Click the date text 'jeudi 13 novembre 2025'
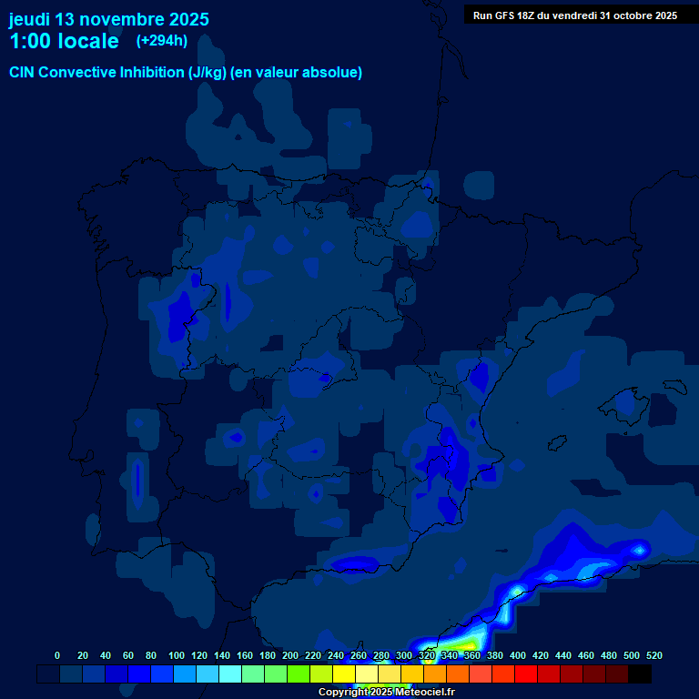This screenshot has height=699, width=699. point(109,19)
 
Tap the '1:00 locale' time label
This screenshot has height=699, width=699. point(64,41)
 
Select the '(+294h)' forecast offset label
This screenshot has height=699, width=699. point(161,40)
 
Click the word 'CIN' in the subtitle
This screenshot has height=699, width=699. point(22,73)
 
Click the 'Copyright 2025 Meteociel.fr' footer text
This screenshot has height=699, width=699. point(386,692)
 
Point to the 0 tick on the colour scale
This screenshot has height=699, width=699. point(57,655)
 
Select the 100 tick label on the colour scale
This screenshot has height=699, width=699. point(177,655)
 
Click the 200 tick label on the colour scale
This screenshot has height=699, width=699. point(290,655)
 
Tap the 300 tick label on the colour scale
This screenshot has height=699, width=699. point(404,655)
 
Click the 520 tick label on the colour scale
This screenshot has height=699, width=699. point(654,655)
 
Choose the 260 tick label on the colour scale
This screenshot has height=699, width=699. point(359,655)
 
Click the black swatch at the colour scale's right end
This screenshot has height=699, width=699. point(640,674)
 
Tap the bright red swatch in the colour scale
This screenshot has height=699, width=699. point(526,674)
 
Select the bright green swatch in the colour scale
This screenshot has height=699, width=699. point(299,674)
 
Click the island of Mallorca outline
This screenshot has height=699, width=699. point(628,400)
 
